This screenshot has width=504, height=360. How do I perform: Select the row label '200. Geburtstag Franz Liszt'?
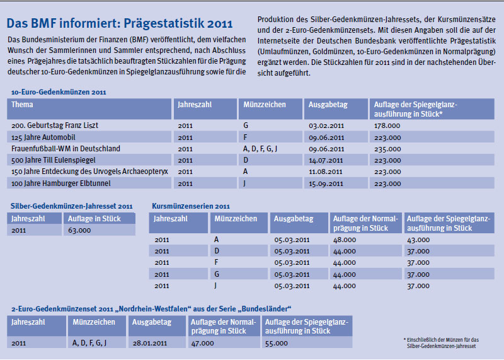[x=55, y=126]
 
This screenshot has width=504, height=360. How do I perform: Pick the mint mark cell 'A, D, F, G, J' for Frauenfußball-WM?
[x=260, y=149]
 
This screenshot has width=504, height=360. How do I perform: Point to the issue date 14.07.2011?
[x=326, y=160]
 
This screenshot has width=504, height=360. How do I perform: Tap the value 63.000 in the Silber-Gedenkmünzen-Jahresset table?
[x=79, y=230]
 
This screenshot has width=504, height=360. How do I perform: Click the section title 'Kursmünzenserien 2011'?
[x=191, y=206]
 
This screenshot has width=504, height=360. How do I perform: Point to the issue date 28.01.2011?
[x=150, y=343]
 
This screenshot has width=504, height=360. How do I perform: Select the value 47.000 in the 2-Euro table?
[x=203, y=343]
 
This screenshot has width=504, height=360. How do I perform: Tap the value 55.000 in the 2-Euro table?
[x=277, y=343]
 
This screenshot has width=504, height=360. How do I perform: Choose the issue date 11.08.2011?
[x=326, y=171]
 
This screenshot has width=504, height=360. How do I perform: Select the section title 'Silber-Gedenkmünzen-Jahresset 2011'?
[x=72, y=206]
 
